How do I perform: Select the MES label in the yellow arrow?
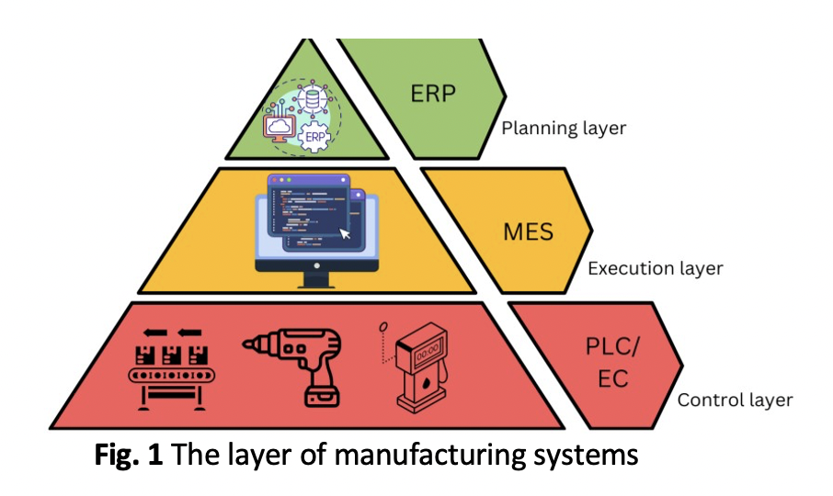pos(528,230)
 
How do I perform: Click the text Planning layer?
pos(563,129)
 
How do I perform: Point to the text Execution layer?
pos(655,269)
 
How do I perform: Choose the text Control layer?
pos(735,400)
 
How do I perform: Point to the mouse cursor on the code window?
pos(346,233)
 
